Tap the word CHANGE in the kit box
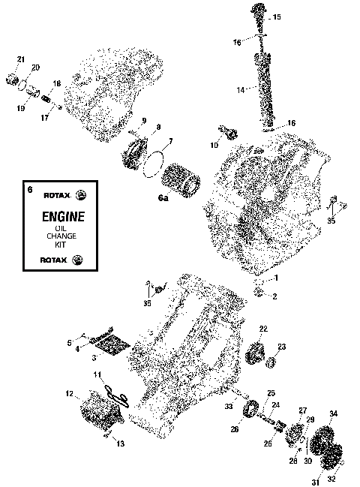point(61,236)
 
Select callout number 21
point(21,59)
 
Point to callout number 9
point(143,121)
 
